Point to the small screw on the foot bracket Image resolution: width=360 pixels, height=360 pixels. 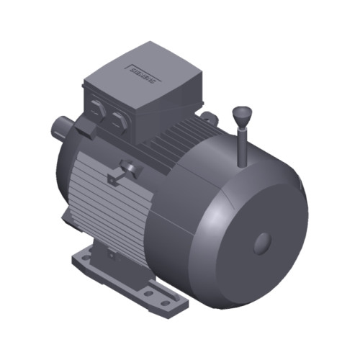coord(111,253)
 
